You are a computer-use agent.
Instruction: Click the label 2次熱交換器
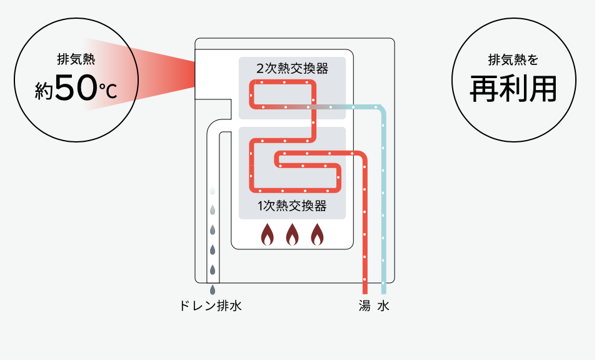(x=292, y=69)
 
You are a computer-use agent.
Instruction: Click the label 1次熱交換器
(x=292, y=206)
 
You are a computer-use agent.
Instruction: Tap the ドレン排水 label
(x=211, y=306)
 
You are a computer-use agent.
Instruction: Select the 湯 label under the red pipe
(x=365, y=306)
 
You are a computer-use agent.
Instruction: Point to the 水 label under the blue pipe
(x=383, y=306)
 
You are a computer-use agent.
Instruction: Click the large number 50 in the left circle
(x=76, y=87)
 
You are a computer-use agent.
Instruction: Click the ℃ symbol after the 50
(x=108, y=91)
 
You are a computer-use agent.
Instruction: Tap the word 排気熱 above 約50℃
(x=76, y=59)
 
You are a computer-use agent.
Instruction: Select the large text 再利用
(x=513, y=89)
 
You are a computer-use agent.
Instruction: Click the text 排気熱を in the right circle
(x=513, y=59)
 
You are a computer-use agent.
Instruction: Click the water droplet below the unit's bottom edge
(x=213, y=290)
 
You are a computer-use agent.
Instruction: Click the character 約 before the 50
(x=44, y=91)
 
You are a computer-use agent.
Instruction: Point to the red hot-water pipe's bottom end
(x=365, y=293)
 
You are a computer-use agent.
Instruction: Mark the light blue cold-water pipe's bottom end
(x=384, y=293)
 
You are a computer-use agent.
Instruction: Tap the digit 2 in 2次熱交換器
(x=260, y=69)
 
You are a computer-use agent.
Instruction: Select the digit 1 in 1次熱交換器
(x=260, y=206)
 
